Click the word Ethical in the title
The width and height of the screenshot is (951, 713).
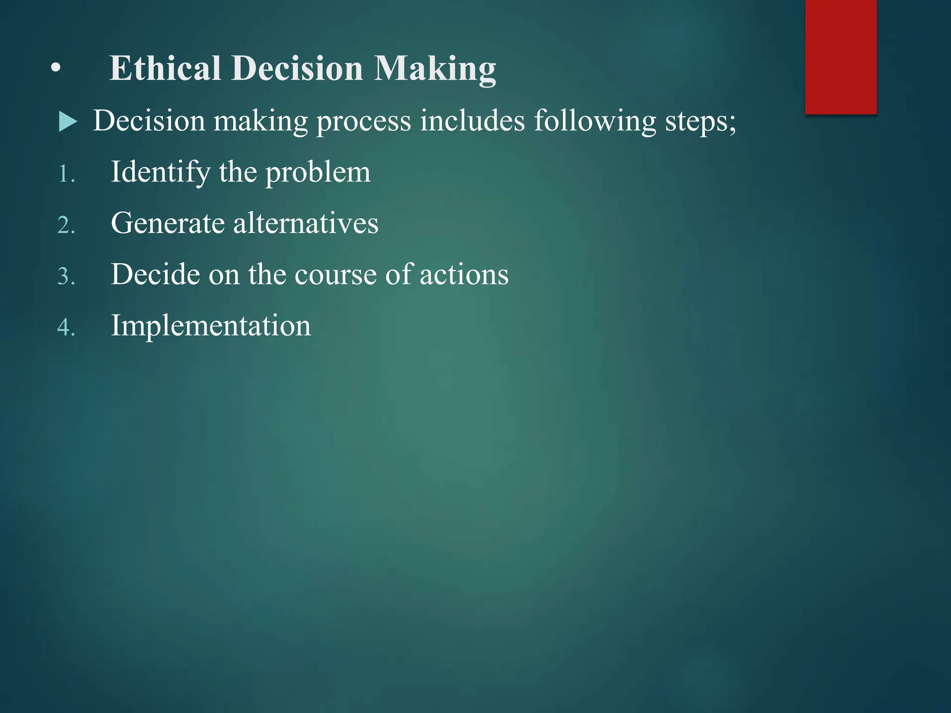tap(165, 68)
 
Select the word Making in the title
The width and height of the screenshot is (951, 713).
tap(435, 69)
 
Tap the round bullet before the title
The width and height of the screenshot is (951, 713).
tap(56, 69)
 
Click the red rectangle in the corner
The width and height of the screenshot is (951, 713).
tap(840, 57)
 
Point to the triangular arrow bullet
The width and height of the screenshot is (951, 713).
tap(68, 122)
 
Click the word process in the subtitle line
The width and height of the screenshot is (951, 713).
tap(364, 122)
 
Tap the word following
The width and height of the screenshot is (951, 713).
tap(594, 122)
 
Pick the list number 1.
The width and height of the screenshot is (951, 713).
tap(66, 175)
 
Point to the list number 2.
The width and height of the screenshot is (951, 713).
tap(66, 226)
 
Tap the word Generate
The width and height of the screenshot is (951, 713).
tap(168, 223)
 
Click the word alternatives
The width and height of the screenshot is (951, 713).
tap(306, 223)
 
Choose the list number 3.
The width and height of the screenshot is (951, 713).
tap(66, 277)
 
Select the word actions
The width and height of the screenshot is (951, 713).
tap(464, 275)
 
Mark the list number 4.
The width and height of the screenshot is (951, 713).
tap(66, 328)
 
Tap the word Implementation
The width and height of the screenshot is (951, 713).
tap(211, 326)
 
